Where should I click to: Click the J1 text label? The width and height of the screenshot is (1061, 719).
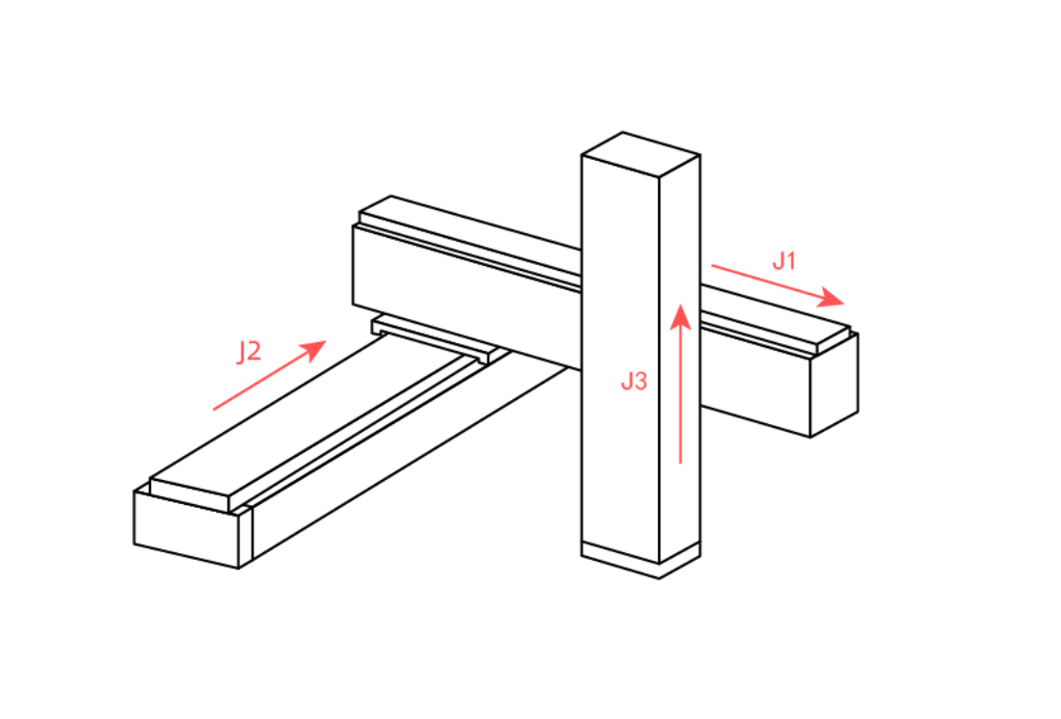[784, 260]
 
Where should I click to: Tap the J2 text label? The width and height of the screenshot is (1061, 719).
[249, 352]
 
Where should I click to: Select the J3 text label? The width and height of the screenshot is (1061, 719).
[634, 381]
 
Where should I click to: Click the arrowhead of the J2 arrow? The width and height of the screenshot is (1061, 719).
[314, 349]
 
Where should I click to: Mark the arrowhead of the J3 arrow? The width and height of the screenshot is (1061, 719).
[680, 317]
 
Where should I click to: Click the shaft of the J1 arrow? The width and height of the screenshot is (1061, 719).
[767, 281]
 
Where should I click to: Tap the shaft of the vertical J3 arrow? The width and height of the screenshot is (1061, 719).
[680, 397]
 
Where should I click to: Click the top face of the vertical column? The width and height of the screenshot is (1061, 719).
[641, 154]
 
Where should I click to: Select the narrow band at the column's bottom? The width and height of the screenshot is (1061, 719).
[641, 559]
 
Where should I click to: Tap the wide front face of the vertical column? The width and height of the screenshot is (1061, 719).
[621, 359]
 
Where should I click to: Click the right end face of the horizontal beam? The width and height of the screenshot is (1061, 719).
[835, 386]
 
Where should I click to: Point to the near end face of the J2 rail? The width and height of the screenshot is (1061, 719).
[187, 529]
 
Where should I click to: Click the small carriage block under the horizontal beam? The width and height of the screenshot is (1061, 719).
[433, 336]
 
